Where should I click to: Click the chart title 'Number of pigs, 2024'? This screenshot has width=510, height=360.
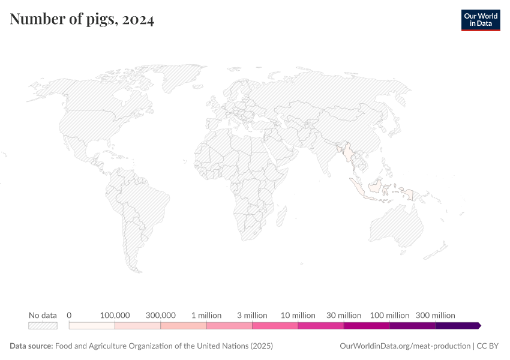pos(82,20)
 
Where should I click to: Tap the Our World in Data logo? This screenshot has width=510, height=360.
pos(480,20)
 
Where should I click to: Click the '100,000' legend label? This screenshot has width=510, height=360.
pos(115,315)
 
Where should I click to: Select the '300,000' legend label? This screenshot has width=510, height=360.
pos(161,315)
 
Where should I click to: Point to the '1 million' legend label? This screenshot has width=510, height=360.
pos(206,315)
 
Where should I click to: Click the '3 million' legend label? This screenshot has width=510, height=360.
pos(252,315)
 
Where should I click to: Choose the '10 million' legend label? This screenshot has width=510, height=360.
pos(298,315)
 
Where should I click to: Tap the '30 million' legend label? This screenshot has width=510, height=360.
pos(344,315)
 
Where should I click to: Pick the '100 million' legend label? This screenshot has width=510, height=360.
pos(389,315)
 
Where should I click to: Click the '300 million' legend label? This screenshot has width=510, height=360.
pos(436,315)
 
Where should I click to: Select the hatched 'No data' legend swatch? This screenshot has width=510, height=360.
pos(43,325)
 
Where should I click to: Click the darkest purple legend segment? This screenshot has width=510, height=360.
pos(457,325)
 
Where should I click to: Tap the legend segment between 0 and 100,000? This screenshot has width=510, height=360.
pos(92,325)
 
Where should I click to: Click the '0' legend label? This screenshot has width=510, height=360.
pos(70,315)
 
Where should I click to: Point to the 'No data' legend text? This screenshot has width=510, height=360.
pos(43,315)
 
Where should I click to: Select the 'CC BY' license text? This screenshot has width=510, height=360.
pos(488,346)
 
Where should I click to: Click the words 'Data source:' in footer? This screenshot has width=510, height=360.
pos(31,346)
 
